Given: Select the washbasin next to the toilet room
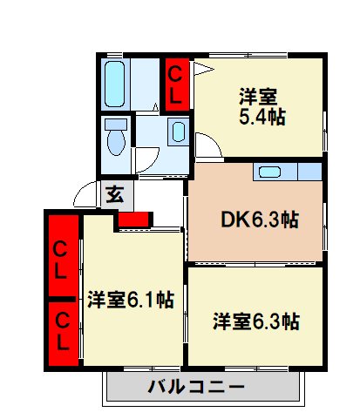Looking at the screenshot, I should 177,132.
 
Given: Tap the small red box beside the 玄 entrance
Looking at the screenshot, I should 132,219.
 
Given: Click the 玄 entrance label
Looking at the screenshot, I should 114,193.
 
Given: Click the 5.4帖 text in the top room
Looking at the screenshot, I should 261,118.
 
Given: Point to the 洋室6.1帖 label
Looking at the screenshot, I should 131,301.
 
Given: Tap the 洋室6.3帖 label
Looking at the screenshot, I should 257,321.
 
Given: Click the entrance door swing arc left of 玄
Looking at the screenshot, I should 85,193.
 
